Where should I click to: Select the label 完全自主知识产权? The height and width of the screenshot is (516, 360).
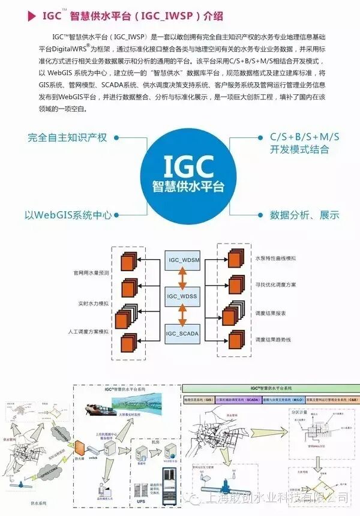coord(67,137)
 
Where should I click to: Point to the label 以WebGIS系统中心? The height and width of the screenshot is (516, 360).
coord(68,214)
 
